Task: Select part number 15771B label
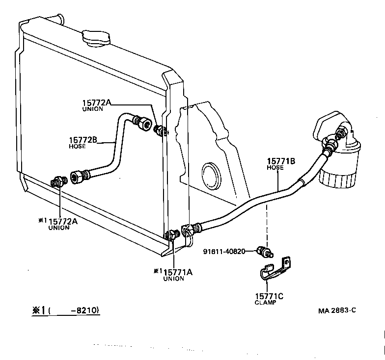point(281,161)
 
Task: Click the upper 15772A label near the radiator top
point(97,103)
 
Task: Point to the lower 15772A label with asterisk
point(63,221)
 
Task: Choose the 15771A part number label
point(177,272)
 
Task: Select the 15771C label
point(269,296)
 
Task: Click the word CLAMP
point(265,303)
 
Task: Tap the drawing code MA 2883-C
point(336,310)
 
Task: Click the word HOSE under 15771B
point(275,167)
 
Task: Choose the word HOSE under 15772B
point(78,147)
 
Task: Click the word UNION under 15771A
point(173,279)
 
